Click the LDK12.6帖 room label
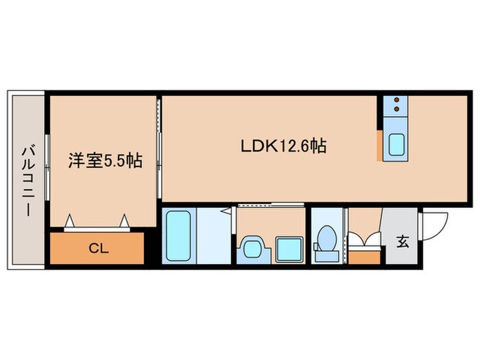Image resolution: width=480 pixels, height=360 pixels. pyautogui.click(x=282, y=146)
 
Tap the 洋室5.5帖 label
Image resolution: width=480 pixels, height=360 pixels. pyautogui.click(x=105, y=162)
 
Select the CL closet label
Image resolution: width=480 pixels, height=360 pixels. pyautogui.click(x=98, y=248)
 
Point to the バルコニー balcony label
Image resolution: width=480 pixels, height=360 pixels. pyautogui.click(x=27, y=180)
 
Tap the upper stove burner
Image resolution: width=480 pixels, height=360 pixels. pyautogui.click(x=397, y=101)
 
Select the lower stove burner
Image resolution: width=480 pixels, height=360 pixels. pyautogui.click(x=397, y=110)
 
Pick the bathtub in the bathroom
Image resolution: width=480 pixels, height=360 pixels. pyautogui.click(x=179, y=235)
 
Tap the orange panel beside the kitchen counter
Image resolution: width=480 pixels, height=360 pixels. pyautogui.click(x=379, y=145)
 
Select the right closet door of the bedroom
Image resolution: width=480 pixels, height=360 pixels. pyautogui.click(x=124, y=220)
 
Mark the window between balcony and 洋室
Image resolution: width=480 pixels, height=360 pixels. pyautogui.click(x=47, y=162)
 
